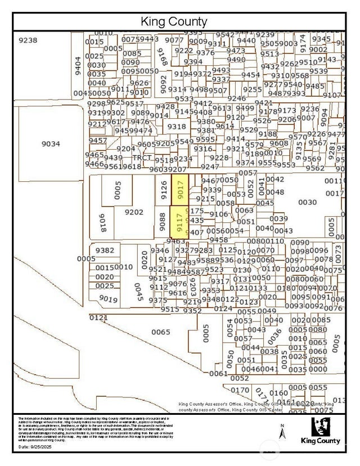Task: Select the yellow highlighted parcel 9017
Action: (180, 189)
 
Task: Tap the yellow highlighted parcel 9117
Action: (180, 223)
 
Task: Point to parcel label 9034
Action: (51, 144)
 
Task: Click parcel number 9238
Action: (28, 40)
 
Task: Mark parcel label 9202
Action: (134, 212)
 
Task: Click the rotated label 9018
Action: (103, 223)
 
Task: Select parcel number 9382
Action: (105, 250)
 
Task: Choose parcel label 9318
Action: (176, 127)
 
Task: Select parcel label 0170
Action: (240, 389)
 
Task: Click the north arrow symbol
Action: (283, 432)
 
